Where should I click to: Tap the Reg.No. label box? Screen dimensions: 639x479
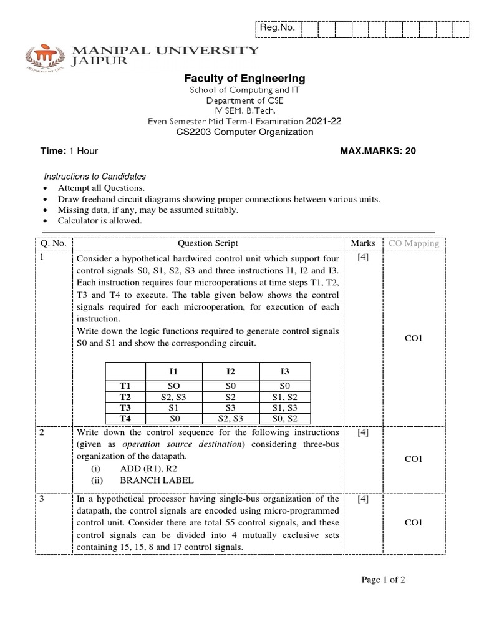pyautogui.click(x=278, y=28)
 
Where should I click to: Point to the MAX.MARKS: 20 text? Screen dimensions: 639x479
pyautogui.click(x=377, y=150)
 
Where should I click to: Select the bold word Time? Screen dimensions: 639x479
pyautogui.click(x=53, y=150)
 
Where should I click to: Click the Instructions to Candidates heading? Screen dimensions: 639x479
pyautogui.click(x=94, y=177)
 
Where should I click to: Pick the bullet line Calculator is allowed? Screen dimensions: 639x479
pyautogui.click(x=100, y=221)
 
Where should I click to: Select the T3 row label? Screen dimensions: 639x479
pyautogui.click(x=125, y=407)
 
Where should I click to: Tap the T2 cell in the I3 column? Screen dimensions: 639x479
pyautogui.click(x=284, y=396)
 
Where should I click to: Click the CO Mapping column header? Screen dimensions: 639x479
pyautogui.click(x=414, y=243)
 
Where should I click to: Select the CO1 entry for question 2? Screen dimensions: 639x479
pyautogui.click(x=414, y=459)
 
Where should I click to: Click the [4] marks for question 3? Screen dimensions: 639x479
pyautogui.click(x=362, y=499)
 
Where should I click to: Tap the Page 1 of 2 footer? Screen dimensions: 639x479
pyautogui.click(x=384, y=580)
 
